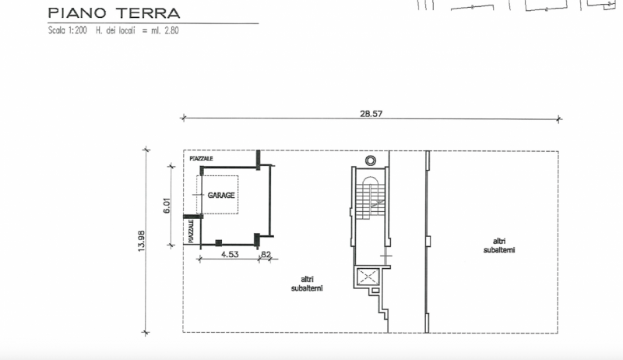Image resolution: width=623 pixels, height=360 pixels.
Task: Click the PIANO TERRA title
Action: coord(114,13)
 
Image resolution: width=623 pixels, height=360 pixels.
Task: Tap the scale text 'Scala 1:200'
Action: coord(68,30)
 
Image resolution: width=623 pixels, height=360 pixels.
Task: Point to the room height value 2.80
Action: coord(171,30)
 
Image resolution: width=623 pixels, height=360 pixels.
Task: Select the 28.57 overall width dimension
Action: coord(371,114)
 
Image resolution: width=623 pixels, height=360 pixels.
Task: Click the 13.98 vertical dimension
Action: coord(141,241)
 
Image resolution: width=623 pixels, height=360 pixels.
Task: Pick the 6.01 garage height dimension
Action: coord(167,206)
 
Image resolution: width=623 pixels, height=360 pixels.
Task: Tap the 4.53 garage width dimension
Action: coord(230,254)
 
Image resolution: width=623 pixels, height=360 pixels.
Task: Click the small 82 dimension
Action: coord(266,254)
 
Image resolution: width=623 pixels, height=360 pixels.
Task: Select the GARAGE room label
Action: coord(221,195)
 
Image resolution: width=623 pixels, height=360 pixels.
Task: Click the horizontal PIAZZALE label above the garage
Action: coord(201,158)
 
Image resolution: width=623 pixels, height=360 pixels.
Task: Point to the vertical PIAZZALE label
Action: coord(191,231)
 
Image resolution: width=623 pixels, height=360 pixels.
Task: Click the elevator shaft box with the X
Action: coord(368,277)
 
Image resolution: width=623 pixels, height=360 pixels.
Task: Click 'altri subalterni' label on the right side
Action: coord(499,245)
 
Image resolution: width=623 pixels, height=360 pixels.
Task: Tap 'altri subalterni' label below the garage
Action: coord(307,284)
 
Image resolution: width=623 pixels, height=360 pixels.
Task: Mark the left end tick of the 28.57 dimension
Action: coord(183,118)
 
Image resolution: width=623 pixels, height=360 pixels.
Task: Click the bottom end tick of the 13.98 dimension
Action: coord(146,332)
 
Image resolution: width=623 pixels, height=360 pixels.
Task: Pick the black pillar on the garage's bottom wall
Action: coord(218,243)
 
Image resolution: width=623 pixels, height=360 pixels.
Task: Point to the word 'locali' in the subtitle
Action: coord(126,30)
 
